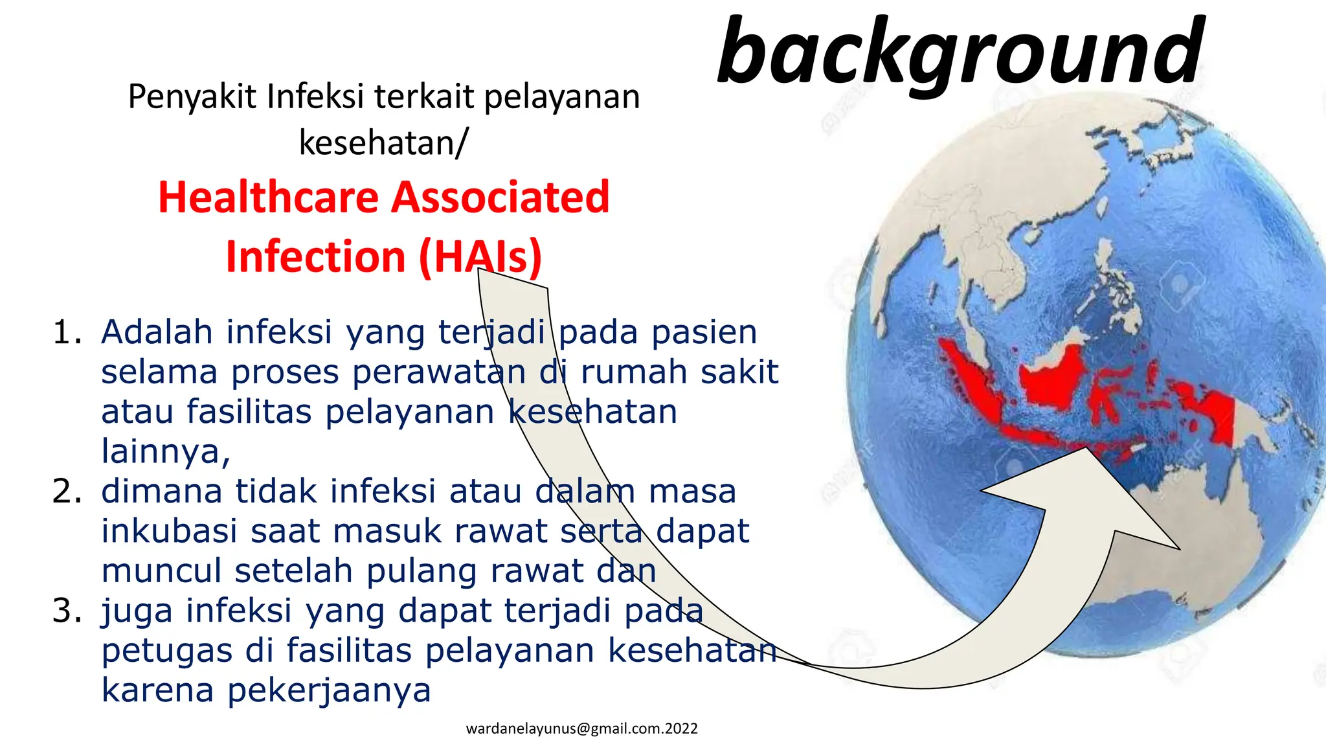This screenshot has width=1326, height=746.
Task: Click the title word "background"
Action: pyautogui.click(x=961, y=52)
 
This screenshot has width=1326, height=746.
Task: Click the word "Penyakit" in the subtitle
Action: pyautogui.click(x=192, y=97)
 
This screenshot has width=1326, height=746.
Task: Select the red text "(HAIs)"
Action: pyautogui.click(x=480, y=256)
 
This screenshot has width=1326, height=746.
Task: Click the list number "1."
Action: pyautogui.click(x=67, y=332)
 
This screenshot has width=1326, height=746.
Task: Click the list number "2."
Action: pyautogui.click(x=67, y=491)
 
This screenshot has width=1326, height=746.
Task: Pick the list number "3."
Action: pyautogui.click(x=67, y=611)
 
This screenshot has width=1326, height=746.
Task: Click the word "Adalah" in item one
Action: pyautogui.click(x=157, y=332)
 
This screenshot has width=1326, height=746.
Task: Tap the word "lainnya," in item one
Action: pyautogui.click(x=166, y=451)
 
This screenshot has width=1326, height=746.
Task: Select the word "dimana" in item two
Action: pyautogui.click(x=162, y=491)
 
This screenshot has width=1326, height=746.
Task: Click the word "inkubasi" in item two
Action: pyautogui.click(x=170, y=531)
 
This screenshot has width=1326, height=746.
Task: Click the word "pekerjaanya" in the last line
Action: pyautogui.click(x=329, y=690)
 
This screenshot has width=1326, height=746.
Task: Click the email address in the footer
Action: pyautogui.click(x=581, y=729)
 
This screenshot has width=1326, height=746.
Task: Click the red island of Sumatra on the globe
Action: pyautogui.click(x=970, y=382)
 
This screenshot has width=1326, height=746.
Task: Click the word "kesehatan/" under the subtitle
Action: pyautogui.click(x=383, y=142)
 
